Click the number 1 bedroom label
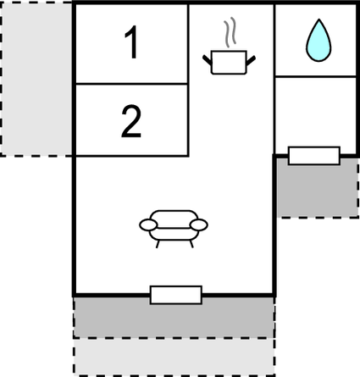(131, 42)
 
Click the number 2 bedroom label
(131, 121)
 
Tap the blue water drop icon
(318, 40)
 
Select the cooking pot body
(229, 63)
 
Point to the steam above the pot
(230, 32)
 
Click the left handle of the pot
(207, 59)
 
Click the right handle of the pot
(251, 60)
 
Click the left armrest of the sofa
(148, 225)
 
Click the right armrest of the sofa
(199, 225)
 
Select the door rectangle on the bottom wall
(176, 295)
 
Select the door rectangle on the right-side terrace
(314, 156)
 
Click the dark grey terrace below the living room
(174, 317)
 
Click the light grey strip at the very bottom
(174, 357)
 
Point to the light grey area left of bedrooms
(36, 79)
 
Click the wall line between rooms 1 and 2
(131, 84)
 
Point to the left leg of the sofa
(158, 244)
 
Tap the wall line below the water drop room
(316, 76)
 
